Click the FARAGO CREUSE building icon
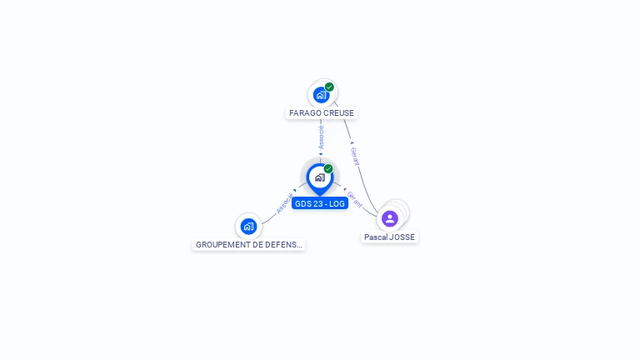coord(321,95)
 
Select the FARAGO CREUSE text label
coord(322,112)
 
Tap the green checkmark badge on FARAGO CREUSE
coord(330,87)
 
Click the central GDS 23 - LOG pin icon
coord(319,177)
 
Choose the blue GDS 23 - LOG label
coord(320,203)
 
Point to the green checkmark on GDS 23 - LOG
coord(328,169)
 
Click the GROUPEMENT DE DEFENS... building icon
coord(248,226)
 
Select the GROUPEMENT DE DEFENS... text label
coord(249,245)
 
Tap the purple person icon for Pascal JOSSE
coord(390,218)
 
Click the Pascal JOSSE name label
coord(389,237)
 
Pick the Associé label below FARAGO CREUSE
coord(321,138)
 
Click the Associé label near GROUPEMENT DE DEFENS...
coord(285,203)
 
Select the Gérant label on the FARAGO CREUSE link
coord(354,157)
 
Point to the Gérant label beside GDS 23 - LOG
coord(354,198)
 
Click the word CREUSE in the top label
coord(337,112)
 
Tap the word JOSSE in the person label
coord(401,237)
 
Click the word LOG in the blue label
coord(337,203)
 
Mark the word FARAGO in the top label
coord(305,112)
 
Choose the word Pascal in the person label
coord(376,237)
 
